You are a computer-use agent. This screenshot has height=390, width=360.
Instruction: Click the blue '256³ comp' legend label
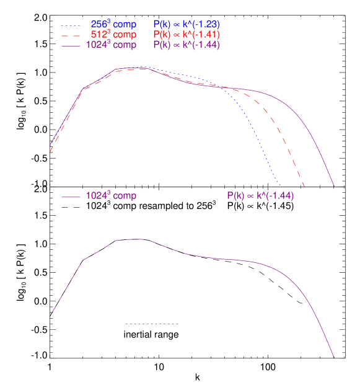tap(113, 24)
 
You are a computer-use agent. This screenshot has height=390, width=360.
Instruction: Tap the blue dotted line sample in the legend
tap(71, 24)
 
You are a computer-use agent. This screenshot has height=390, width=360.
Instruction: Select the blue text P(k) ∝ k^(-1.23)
tap(186, 24)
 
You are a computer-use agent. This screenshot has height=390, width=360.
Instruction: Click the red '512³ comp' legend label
tap(113, 34)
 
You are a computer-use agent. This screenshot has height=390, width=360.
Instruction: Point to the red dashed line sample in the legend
tap(71, 35)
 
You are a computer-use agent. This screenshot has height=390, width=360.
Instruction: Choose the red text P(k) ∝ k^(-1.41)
tap(186, 34)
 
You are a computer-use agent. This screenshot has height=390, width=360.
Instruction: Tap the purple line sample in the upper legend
tap(71, 45)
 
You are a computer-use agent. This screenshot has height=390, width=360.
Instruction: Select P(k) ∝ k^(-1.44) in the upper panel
tap(186, 45)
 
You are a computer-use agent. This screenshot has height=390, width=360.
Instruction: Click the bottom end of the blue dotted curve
tap(281, 185)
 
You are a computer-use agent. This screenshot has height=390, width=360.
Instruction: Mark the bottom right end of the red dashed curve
tap(304, 185)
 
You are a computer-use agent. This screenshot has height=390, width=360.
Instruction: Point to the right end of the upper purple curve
tap(335, 185)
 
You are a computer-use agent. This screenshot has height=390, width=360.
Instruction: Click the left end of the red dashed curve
tap(50, 151)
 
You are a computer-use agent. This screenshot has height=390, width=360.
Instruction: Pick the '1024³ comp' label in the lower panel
tap(111, 196)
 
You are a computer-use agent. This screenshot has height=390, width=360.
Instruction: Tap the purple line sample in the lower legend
tap(71, 197)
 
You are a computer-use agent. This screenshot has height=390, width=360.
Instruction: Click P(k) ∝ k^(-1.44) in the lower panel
tap(260, 196)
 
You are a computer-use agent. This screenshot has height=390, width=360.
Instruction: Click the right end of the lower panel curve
tap(335, 358)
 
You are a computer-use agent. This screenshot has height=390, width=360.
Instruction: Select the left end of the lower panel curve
tap(50, 317)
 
